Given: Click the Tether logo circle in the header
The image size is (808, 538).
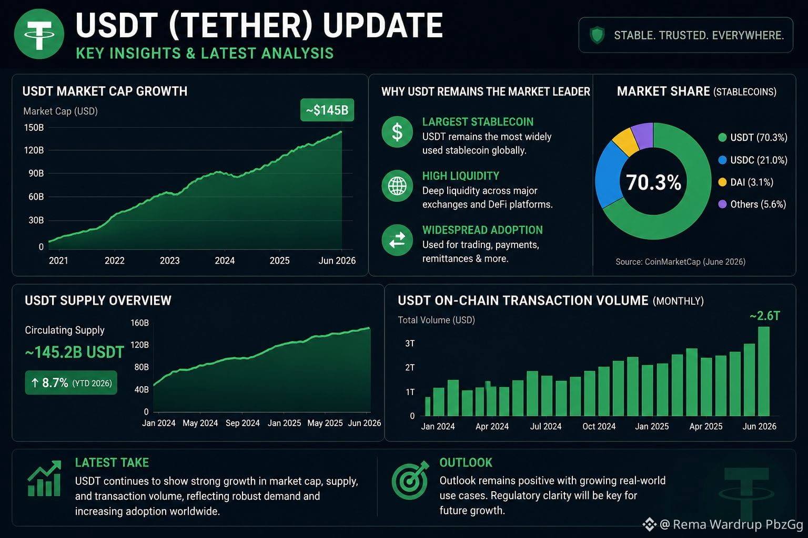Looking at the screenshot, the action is coord(39,34).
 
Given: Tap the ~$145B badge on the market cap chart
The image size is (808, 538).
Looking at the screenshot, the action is coord(327,110).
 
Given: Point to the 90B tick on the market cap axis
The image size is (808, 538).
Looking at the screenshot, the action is coord(36,173).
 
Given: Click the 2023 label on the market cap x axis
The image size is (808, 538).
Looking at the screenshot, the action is coord(169,261).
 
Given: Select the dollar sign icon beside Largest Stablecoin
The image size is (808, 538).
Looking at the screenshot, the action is coord(397,131).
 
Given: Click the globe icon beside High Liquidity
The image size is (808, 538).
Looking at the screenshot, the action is coord(397,185).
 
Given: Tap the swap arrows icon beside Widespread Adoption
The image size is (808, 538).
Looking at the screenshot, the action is coord(397,240).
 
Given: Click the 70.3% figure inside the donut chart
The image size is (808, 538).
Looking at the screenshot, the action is coord(653,182).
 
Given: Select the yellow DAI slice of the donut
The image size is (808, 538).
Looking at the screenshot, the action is coord(625,141).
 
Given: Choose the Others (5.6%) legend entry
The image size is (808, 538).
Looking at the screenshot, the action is coord(752,204).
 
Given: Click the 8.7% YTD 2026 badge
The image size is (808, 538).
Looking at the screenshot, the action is coord(71,382).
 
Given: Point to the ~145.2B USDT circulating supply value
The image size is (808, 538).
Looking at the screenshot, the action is coord(75,353).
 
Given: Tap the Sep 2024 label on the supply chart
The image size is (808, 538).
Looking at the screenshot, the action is coord(243,423).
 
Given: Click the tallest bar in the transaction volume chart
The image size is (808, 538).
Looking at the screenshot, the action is coord(764,371).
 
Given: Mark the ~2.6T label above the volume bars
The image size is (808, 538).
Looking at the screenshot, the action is coord(765,316).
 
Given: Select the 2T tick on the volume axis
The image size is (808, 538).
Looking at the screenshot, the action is coord(410,368).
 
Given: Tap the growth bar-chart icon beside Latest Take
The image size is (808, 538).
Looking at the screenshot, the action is coord(44,478).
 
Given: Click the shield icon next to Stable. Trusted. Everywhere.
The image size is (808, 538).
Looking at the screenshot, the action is coord(597,35).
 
